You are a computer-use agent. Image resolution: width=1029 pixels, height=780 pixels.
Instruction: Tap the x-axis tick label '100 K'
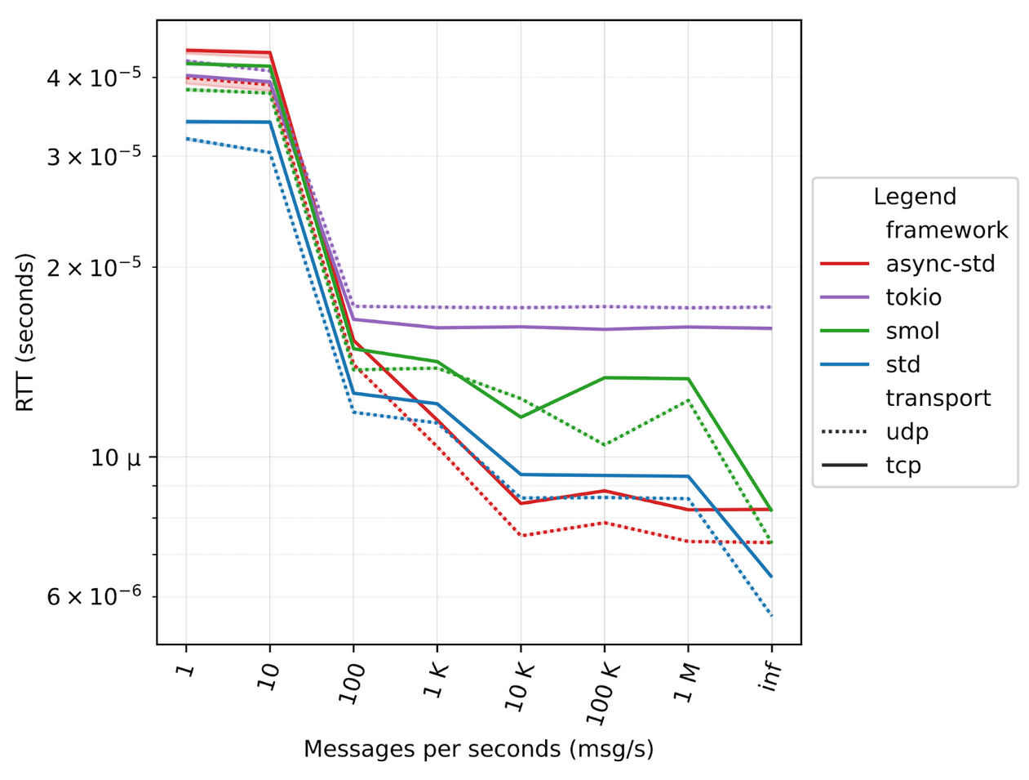(x=603, y=693)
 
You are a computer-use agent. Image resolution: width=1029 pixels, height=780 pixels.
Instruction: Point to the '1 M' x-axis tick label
(x=687, y=683)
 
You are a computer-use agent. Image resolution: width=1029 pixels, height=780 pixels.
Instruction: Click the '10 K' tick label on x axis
(x=520, y=686)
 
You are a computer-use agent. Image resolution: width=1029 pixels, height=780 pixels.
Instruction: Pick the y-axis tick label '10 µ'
(x=115, y=457)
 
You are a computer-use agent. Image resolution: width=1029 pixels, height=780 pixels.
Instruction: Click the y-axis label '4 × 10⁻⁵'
(x=94, y=78)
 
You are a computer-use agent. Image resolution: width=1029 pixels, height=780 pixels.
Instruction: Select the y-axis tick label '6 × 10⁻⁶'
(x=94, y=597)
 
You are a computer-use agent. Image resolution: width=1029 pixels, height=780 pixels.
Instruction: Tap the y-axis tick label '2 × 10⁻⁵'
(x=94, y=267)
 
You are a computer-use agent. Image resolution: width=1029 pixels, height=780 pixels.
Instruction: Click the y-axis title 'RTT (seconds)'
(x=26, y=332)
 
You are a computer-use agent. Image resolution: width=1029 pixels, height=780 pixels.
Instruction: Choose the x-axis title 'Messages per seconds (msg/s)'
(x=478, y=749)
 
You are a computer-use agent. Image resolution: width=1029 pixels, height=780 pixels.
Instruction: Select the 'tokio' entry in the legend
(x=913, y=297)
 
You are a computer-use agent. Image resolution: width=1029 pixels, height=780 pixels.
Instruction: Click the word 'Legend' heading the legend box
(x=914, y=197)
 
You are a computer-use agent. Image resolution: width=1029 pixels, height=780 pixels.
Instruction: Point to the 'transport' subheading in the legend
(x=938, y=398)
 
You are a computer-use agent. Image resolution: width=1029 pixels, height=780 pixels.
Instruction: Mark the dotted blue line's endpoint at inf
(x=771, y=616)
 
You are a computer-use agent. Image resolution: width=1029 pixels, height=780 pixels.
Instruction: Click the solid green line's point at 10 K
(x=521, y=417)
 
